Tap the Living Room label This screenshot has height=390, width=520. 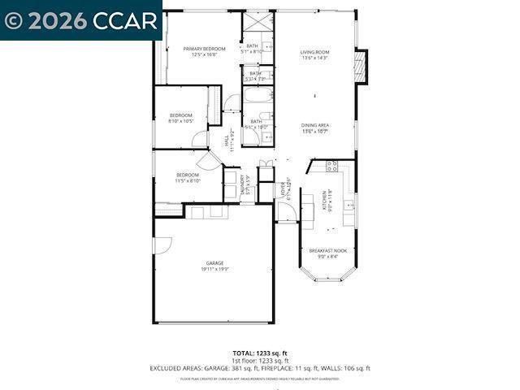314,52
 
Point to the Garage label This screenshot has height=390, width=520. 214,263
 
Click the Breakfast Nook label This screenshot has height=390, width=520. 327,250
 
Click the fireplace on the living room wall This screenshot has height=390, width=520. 362,66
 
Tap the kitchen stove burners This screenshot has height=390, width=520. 331,166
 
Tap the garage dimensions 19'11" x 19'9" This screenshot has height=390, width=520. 214,269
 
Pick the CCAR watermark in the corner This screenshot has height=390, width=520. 81,21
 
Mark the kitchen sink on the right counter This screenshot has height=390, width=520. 349,206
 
